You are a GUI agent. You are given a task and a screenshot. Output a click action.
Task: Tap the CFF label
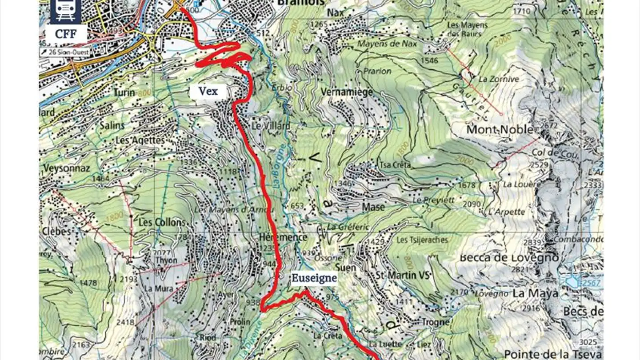(x=66, y=34)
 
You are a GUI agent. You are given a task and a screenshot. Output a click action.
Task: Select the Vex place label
(x=208, y=91)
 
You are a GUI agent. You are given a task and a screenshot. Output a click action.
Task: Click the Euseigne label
(x=314, y=278)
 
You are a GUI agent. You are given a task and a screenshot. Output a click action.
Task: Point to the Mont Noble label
(x=500, y=130)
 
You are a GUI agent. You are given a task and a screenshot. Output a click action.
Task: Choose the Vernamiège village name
(x=346, y=92)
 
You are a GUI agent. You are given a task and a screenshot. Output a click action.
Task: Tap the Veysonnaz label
(x=67, y=168)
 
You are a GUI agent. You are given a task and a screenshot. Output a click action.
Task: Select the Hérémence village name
(x=283, y=237)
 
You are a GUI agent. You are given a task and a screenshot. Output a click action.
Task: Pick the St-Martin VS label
(x=403, y=275)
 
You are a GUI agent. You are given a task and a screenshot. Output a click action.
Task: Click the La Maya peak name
(x=536, y=293)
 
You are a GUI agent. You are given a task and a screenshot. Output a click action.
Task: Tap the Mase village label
(x=373, y=207)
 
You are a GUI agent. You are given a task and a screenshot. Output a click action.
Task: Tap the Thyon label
(x=167, y=260)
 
